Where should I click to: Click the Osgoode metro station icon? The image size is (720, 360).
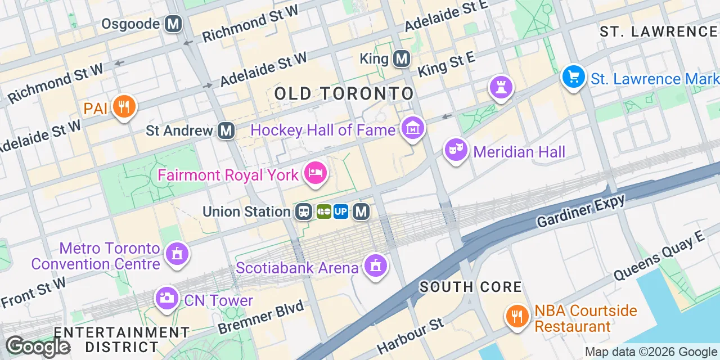pyautogui.click(x=173, y=24)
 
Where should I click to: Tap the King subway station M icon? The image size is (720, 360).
pyautogui.click(x=401, y=58)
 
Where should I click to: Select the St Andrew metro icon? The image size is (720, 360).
pyautogui.click(x=226, y=130)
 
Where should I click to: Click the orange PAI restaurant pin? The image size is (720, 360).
pyautogui.click(x=123, y=106)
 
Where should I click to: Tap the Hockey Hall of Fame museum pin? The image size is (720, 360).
pyautogui.click(x=413, y=128)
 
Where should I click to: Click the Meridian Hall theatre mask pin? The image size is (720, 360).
pyautogui.click(x=456, y=150)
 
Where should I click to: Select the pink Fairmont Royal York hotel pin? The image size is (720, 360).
pyautogui.click(x=315, y=173)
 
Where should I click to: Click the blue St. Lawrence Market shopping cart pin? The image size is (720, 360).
pyautogui.click(x=573, y=76)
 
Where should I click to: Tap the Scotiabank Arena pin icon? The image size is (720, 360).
pyautogui.click(x=375, y=265)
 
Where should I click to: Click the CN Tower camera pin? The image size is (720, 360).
pyautogui.click(x=166, y=298)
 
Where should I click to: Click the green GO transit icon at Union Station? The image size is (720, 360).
pyautogui.click(x=324, y=211)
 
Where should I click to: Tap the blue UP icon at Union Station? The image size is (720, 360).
pyautogui.click(x=341, y=211)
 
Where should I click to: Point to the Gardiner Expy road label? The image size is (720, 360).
pyautogui.click(x=580, y=211)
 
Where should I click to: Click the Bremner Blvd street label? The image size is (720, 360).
pyautogui.click(x=261, y=317)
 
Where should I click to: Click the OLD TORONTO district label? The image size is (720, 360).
pyautogui.click(x=344, y=94)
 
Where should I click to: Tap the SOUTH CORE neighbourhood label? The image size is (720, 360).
pyautogui.click(x=471, y=287)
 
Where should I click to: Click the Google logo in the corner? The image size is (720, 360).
pyautogui.click(x=38, y=346)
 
